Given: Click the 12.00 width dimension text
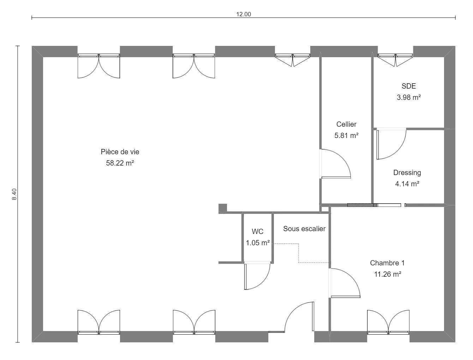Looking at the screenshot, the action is pos(244,14).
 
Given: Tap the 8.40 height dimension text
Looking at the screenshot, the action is pos(14,194).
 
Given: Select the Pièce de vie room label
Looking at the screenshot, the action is pos(120,152).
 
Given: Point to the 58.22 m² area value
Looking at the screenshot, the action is pos(120,163).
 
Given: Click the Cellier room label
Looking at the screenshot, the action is pos(346,124).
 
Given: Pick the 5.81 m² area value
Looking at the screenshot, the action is pos(346,135).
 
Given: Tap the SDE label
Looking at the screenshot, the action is pos(408,86).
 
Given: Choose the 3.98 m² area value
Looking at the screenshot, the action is pos(408,97).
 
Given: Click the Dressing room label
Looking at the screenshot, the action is pos(407,173).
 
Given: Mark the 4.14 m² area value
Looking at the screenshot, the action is pos(407,184).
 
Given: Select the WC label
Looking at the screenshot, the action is pos(258,232).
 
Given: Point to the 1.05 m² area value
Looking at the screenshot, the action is pos(258,243).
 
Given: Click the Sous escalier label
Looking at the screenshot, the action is pos(304,229).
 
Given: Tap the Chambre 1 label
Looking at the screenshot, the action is pos(387,263).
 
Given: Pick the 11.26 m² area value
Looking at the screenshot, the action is pos(387,274).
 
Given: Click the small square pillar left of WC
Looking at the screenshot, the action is pos(223,208).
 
